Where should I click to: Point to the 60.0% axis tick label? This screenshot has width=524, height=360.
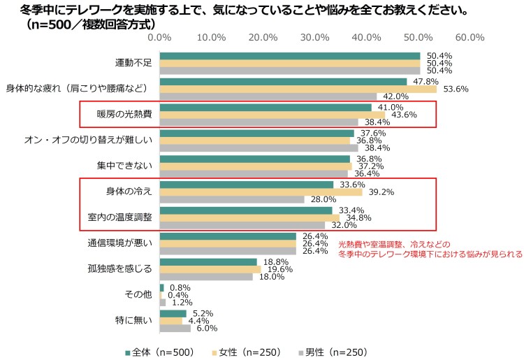[470, 37]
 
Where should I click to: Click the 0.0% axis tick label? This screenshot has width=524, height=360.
[160, 37]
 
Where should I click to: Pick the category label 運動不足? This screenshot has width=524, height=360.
[133, 63]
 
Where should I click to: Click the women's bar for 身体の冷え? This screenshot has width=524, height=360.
[261, 192]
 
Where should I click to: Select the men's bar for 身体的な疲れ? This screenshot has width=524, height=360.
[269, 96]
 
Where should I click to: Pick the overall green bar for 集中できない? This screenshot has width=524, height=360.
[255, 159]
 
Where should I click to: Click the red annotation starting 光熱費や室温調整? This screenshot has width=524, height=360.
[430, 250]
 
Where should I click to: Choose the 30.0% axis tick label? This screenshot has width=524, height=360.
[314, 37]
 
